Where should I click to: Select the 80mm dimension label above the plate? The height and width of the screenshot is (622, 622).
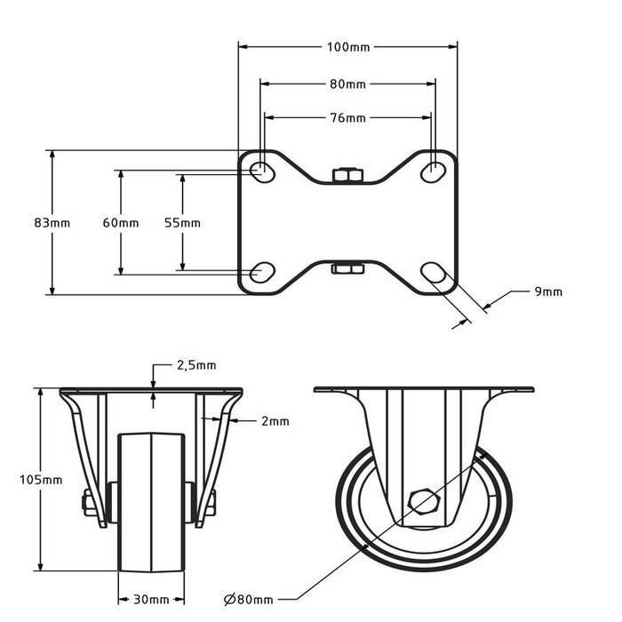pyautogui.click(x=348, y=84)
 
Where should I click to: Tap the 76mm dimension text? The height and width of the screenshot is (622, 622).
pyautogui.click(x=348, y=117)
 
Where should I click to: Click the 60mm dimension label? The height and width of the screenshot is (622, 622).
pyautogui.click(x=120, y=223)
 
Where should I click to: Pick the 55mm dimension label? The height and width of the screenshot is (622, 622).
pyautogui.click(x=182, y=223)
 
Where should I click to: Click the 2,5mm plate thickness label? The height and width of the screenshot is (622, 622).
pyautogui.click(x=195, y=365)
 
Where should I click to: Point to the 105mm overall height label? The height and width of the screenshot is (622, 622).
pyautogui.click(x=41, y=480)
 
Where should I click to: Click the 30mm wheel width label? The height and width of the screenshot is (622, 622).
pyautogui.click(x=151, y=599)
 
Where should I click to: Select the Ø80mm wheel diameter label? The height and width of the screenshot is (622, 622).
pyautogui.click(x=249, y=601)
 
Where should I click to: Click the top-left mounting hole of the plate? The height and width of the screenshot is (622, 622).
pyautogui.click(x=261, y=171)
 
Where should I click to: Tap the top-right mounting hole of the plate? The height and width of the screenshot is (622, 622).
pyautogui.click(x=434, y=171)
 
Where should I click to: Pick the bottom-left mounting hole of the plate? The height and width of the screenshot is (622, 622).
pyautogui.click(x=261, y=272)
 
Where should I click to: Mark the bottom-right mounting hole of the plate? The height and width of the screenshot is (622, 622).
pyautogui.click(x=434, y=272)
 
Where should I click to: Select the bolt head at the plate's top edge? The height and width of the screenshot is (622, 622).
pyautogui.click(x=347, y=175)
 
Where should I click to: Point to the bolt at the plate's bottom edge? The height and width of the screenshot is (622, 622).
pyautogui.click(x=347, y=268)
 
